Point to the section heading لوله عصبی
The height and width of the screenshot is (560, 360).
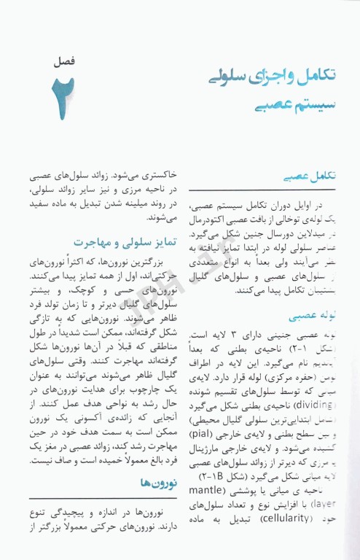click(310, 316)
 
